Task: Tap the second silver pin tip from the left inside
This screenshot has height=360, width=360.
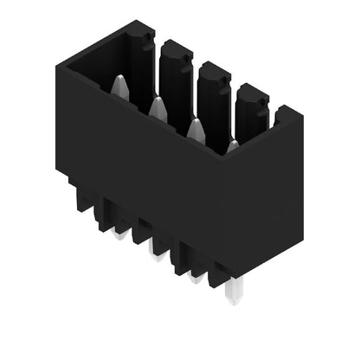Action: pos(157,107)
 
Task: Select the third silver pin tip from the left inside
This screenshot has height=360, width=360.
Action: pos(196,129)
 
